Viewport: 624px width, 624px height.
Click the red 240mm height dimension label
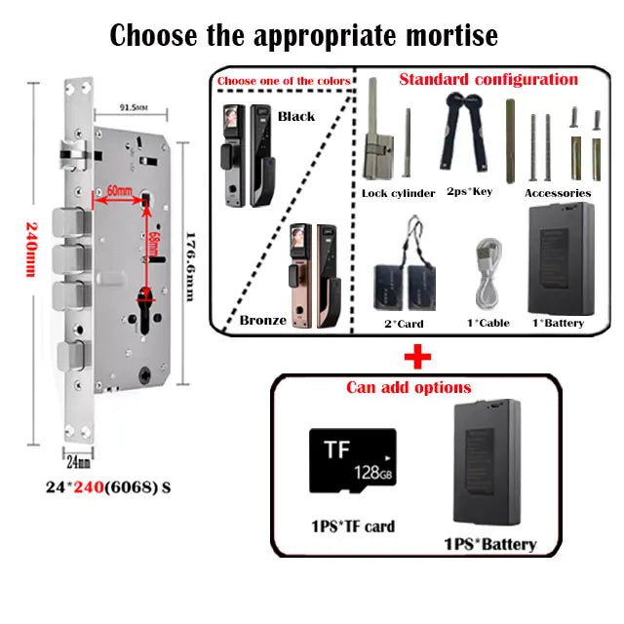click(x=31, y=250)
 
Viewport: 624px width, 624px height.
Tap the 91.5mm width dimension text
click(x=134, y=107)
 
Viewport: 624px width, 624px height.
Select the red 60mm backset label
click(x=119, y=191)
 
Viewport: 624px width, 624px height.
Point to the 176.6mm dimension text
click(x=191, y=267)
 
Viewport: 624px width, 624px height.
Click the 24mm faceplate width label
click(x=78, y=461)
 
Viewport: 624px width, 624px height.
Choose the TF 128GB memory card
click(x=353, y=460)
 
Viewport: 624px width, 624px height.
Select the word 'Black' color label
click(x=296, y=116)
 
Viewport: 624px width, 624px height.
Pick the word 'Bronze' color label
click(x=262, y=321)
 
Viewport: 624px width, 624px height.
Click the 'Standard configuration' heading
click(x=488, y=79)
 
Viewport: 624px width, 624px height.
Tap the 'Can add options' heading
click(x=409, y=387)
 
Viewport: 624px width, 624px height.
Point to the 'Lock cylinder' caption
click(x=399, y=193)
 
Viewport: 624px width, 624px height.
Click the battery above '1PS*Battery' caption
click(x=487, y=463)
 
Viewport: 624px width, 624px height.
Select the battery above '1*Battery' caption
click(x=562, y=258)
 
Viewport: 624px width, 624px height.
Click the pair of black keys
click(x=464, y=132)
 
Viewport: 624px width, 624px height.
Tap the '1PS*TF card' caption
click(x=353, y=526)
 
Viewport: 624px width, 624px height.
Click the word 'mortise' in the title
click(x=451, y=36)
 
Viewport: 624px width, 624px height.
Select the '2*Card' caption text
click(x=404, y=324)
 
